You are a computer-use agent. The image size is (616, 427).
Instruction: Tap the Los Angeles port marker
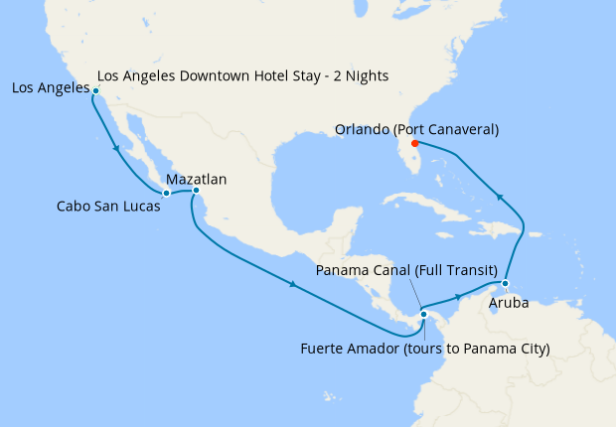95,90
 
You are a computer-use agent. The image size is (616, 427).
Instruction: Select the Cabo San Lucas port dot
166,193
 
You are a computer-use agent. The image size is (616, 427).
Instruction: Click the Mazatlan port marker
196,190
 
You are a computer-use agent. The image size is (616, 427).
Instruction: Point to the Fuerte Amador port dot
423,315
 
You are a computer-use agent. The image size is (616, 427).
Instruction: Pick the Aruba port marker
505,283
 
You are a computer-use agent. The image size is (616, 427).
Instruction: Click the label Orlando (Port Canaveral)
416,130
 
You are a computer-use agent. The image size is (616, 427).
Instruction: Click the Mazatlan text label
197,179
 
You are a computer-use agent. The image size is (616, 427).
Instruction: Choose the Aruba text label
510,302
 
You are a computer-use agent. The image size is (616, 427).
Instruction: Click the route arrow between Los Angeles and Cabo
119,150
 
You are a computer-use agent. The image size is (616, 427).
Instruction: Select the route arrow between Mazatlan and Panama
295,285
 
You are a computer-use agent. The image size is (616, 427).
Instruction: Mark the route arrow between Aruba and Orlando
502,197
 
